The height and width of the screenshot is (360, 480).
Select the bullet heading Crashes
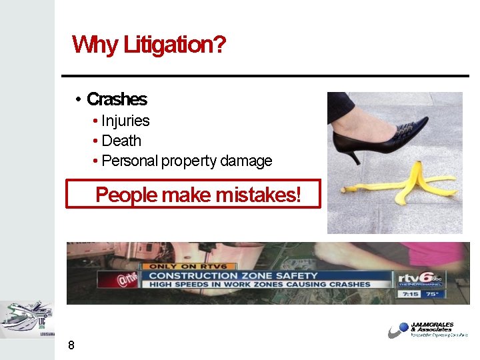pos(117,99)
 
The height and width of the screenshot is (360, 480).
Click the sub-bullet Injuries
pos(125,121)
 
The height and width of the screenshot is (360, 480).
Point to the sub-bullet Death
pos(121,141)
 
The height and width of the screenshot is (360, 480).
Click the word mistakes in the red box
pos(256,195)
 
